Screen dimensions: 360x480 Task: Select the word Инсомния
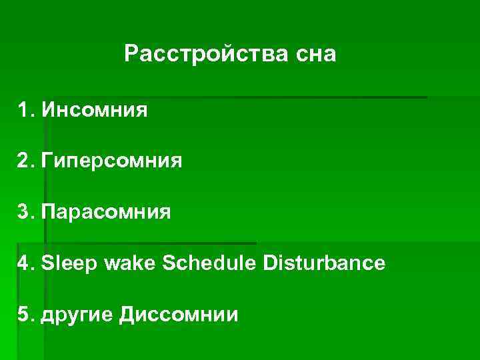tap(94, 109)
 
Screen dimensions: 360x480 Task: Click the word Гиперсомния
tap(111, 161)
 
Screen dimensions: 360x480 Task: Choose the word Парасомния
tap(105, 212)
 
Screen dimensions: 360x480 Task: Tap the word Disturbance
tap(324, 263)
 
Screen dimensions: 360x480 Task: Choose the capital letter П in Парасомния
tap(48, 212)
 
